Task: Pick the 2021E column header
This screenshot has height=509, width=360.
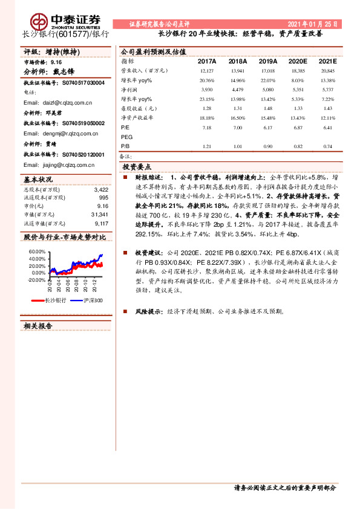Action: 327,62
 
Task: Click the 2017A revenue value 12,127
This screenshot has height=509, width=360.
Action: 206,71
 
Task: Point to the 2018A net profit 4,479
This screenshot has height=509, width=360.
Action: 237,89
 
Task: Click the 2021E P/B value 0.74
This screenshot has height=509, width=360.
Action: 328,146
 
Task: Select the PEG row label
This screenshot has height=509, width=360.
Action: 128,137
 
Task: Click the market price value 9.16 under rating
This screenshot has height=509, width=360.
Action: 56,62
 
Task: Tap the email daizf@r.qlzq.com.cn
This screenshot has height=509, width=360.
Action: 63,103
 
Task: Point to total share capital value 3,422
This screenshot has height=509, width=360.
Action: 101,190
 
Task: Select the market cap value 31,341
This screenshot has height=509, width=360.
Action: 99,215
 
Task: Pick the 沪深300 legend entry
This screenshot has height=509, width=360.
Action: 91,300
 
